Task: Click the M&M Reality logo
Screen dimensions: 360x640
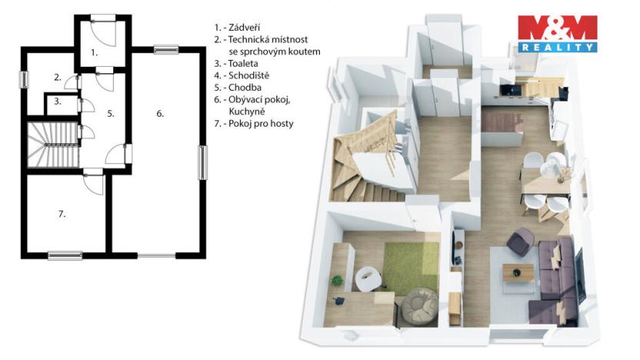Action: click(557, 34)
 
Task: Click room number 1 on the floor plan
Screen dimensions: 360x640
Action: click(94, 53)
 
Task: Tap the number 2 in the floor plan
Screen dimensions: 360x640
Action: click(57, 77)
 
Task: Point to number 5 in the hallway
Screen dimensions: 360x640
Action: click(111, 113)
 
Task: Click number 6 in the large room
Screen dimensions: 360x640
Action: click(160, 113)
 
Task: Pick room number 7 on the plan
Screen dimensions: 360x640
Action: click(62, 214)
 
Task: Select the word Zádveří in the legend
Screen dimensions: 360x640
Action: click(243, 27)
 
